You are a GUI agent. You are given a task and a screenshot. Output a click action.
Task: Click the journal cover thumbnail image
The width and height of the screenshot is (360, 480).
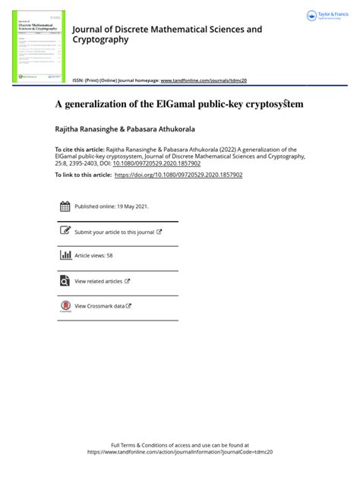click(x=39, y=46)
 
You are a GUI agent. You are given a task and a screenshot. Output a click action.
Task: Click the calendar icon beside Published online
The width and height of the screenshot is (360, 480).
click(x=65, y=207)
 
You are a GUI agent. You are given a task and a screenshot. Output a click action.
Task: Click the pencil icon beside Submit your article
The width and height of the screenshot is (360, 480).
click(x=65, y=231)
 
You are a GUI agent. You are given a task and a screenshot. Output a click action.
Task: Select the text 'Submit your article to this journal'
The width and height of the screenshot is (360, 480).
click(x=114, y=232)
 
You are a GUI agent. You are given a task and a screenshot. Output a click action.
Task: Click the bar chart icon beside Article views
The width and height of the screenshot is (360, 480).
click(x=65, y=255)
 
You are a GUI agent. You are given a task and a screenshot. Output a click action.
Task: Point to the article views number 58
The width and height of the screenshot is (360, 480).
click(x=109, y=256)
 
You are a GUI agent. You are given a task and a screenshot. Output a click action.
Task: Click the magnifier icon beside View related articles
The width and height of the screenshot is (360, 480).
click(x=65, y=280)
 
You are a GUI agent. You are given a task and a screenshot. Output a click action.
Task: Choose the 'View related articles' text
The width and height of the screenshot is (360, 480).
click(x=99, y=281)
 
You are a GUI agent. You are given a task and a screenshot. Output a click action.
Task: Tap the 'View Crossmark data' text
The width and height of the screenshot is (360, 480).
click(x=99, y=306)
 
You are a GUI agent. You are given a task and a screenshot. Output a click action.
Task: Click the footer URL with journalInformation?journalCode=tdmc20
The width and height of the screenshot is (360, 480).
click(x=180, y=451)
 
